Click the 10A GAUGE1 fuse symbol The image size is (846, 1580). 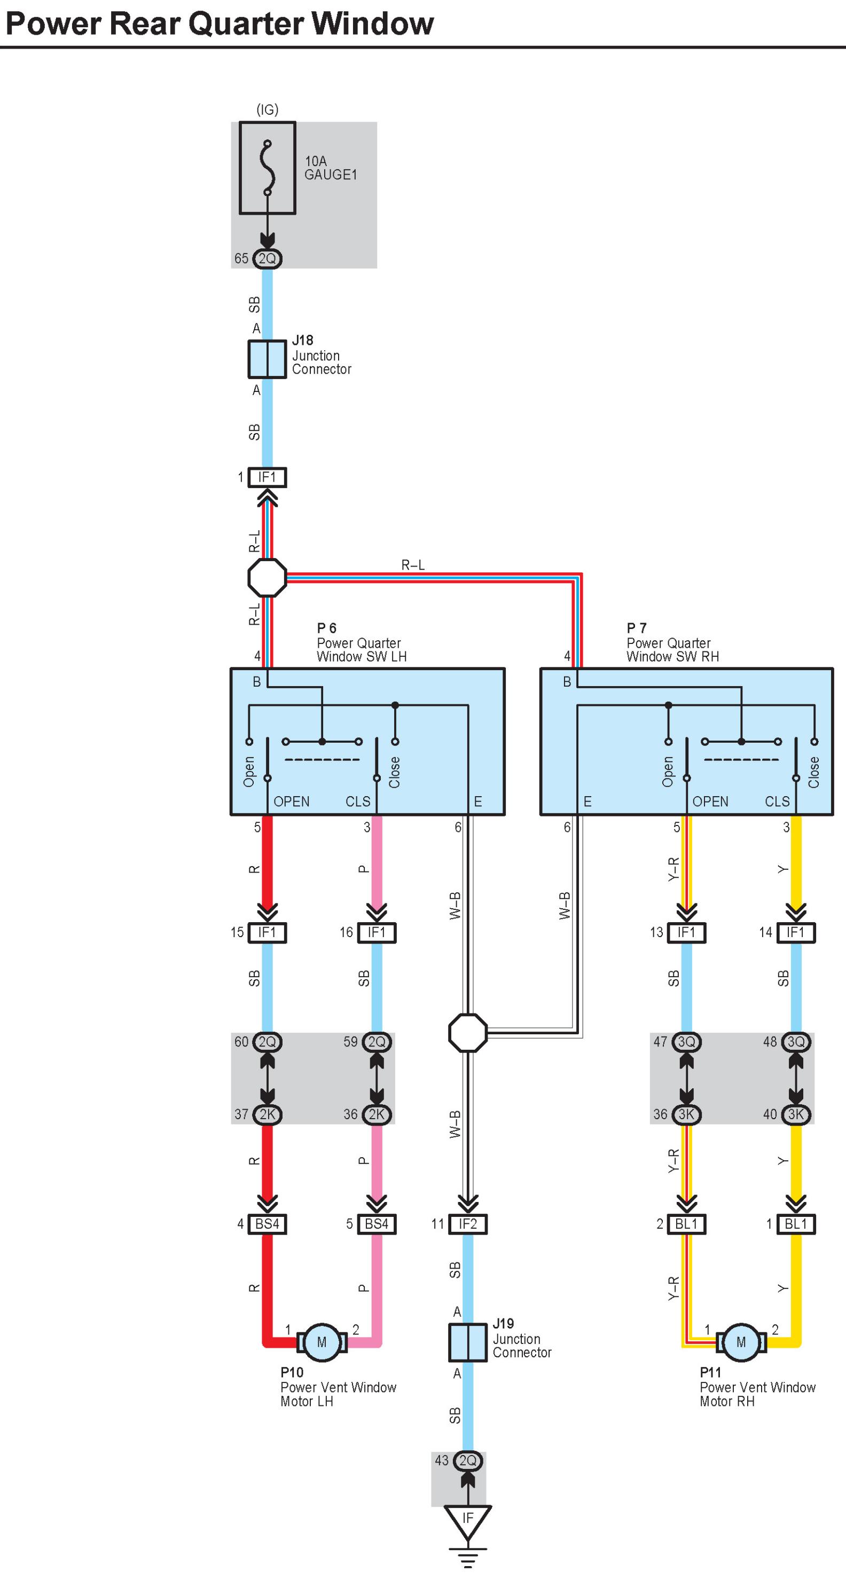click(x=267, y=168)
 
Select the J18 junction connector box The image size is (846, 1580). click(x=267, y=359)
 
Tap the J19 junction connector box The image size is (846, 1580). click(x=467, y=1342)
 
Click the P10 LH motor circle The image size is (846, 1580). click(x=322, y=1342)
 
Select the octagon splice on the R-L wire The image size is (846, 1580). click(x=267, y=577)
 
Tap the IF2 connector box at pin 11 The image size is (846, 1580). click(x=467, y=1224)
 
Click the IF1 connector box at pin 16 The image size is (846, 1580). click(x=377, y=932)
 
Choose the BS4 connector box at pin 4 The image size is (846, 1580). click(x=267, y=1224)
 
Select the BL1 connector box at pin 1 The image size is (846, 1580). click(x=796, y=1224)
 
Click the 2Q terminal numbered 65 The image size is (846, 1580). click(x=267, y=259)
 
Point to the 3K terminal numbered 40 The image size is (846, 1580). click(x=796, y=1114)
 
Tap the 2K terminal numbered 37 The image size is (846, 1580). click(x=267, y=1114)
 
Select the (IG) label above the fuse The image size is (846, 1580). click(x=267, y=109)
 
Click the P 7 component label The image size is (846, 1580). click(x=636, y=627)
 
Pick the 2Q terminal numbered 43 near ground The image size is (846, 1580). click(x=467, y=1460)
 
